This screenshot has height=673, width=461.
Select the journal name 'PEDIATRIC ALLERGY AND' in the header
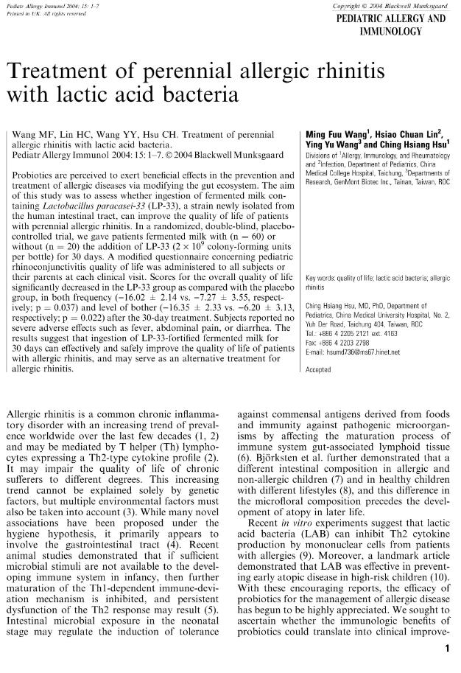click(391, 20)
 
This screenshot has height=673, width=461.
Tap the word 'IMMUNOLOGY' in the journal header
click(391, 32)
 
